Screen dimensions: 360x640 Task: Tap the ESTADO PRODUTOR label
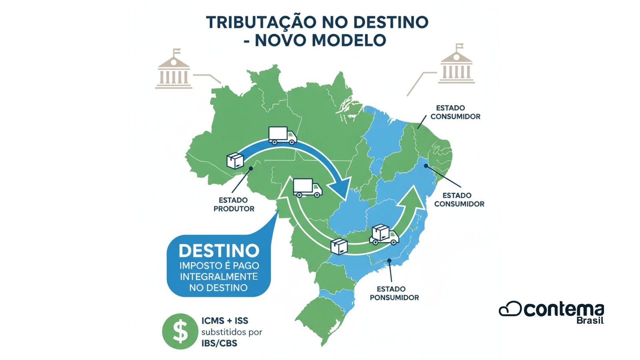pyautogui.click(x=234, y=204)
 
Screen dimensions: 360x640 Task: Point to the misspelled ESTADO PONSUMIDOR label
pyautogui.click(x=394, y=293)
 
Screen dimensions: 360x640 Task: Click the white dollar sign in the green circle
pyautogui.click(x=180, y=332)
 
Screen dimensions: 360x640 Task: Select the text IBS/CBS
pyautogui.click(x=219, y=343)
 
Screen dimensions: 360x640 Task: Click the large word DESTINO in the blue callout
pyautogui.click(x=219, y=251)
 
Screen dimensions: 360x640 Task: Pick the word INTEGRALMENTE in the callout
pyautogui.click(x=219, y=276)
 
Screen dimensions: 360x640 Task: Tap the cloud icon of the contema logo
pyautogui.click(x=510, y=309)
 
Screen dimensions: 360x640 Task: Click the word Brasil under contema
pyautogui.click(x=590, y=320)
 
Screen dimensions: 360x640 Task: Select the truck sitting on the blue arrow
pyautogui.click(x=282, y=135)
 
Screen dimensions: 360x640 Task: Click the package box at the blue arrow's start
pyautogui.click(x=235, y=160)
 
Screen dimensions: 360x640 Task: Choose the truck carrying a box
pyautogui.click(x=384, y=234)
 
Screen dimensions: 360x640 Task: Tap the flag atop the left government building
pyautogui.click(x=176, y=52)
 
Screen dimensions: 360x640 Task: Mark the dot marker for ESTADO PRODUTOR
pyautogui.click(x=251, y=168)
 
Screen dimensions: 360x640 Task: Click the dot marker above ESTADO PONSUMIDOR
pyautogui.click(x=389, y=260)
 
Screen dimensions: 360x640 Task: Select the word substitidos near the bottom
pyautogui.click(x=232, y=332)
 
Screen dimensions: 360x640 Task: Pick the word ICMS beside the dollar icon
pyautogui.click(x=212, y=321)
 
